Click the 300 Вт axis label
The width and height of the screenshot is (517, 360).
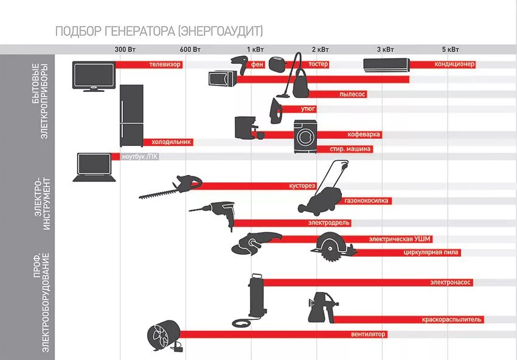coord(125,49)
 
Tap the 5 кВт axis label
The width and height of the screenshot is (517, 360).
coord(451,49)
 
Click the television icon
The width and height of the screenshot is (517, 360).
coord(93,77)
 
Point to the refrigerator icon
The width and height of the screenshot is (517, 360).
coord(131,115)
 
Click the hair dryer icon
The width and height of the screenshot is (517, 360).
coord(238,63)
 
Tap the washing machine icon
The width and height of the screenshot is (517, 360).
coord(305,136)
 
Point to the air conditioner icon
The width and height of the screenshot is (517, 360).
coord(386,64)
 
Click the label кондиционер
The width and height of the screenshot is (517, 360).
coord(454,64)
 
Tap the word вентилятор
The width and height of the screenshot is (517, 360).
coord(368,334)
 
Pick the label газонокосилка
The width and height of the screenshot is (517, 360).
coord(366,201)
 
